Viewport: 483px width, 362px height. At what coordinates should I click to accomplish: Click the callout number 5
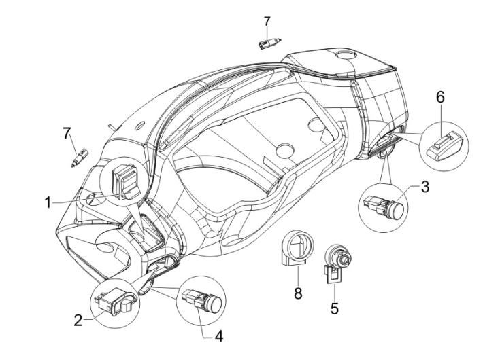(334, 308)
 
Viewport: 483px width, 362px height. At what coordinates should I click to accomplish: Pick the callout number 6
(440, 98)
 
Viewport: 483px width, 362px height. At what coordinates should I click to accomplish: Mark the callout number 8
(297, 294)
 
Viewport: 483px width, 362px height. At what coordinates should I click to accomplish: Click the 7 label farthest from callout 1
(267, 23)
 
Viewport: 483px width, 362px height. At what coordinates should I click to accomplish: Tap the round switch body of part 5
(336, 257)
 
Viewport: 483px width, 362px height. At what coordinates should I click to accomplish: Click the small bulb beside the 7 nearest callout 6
(269, 43)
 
